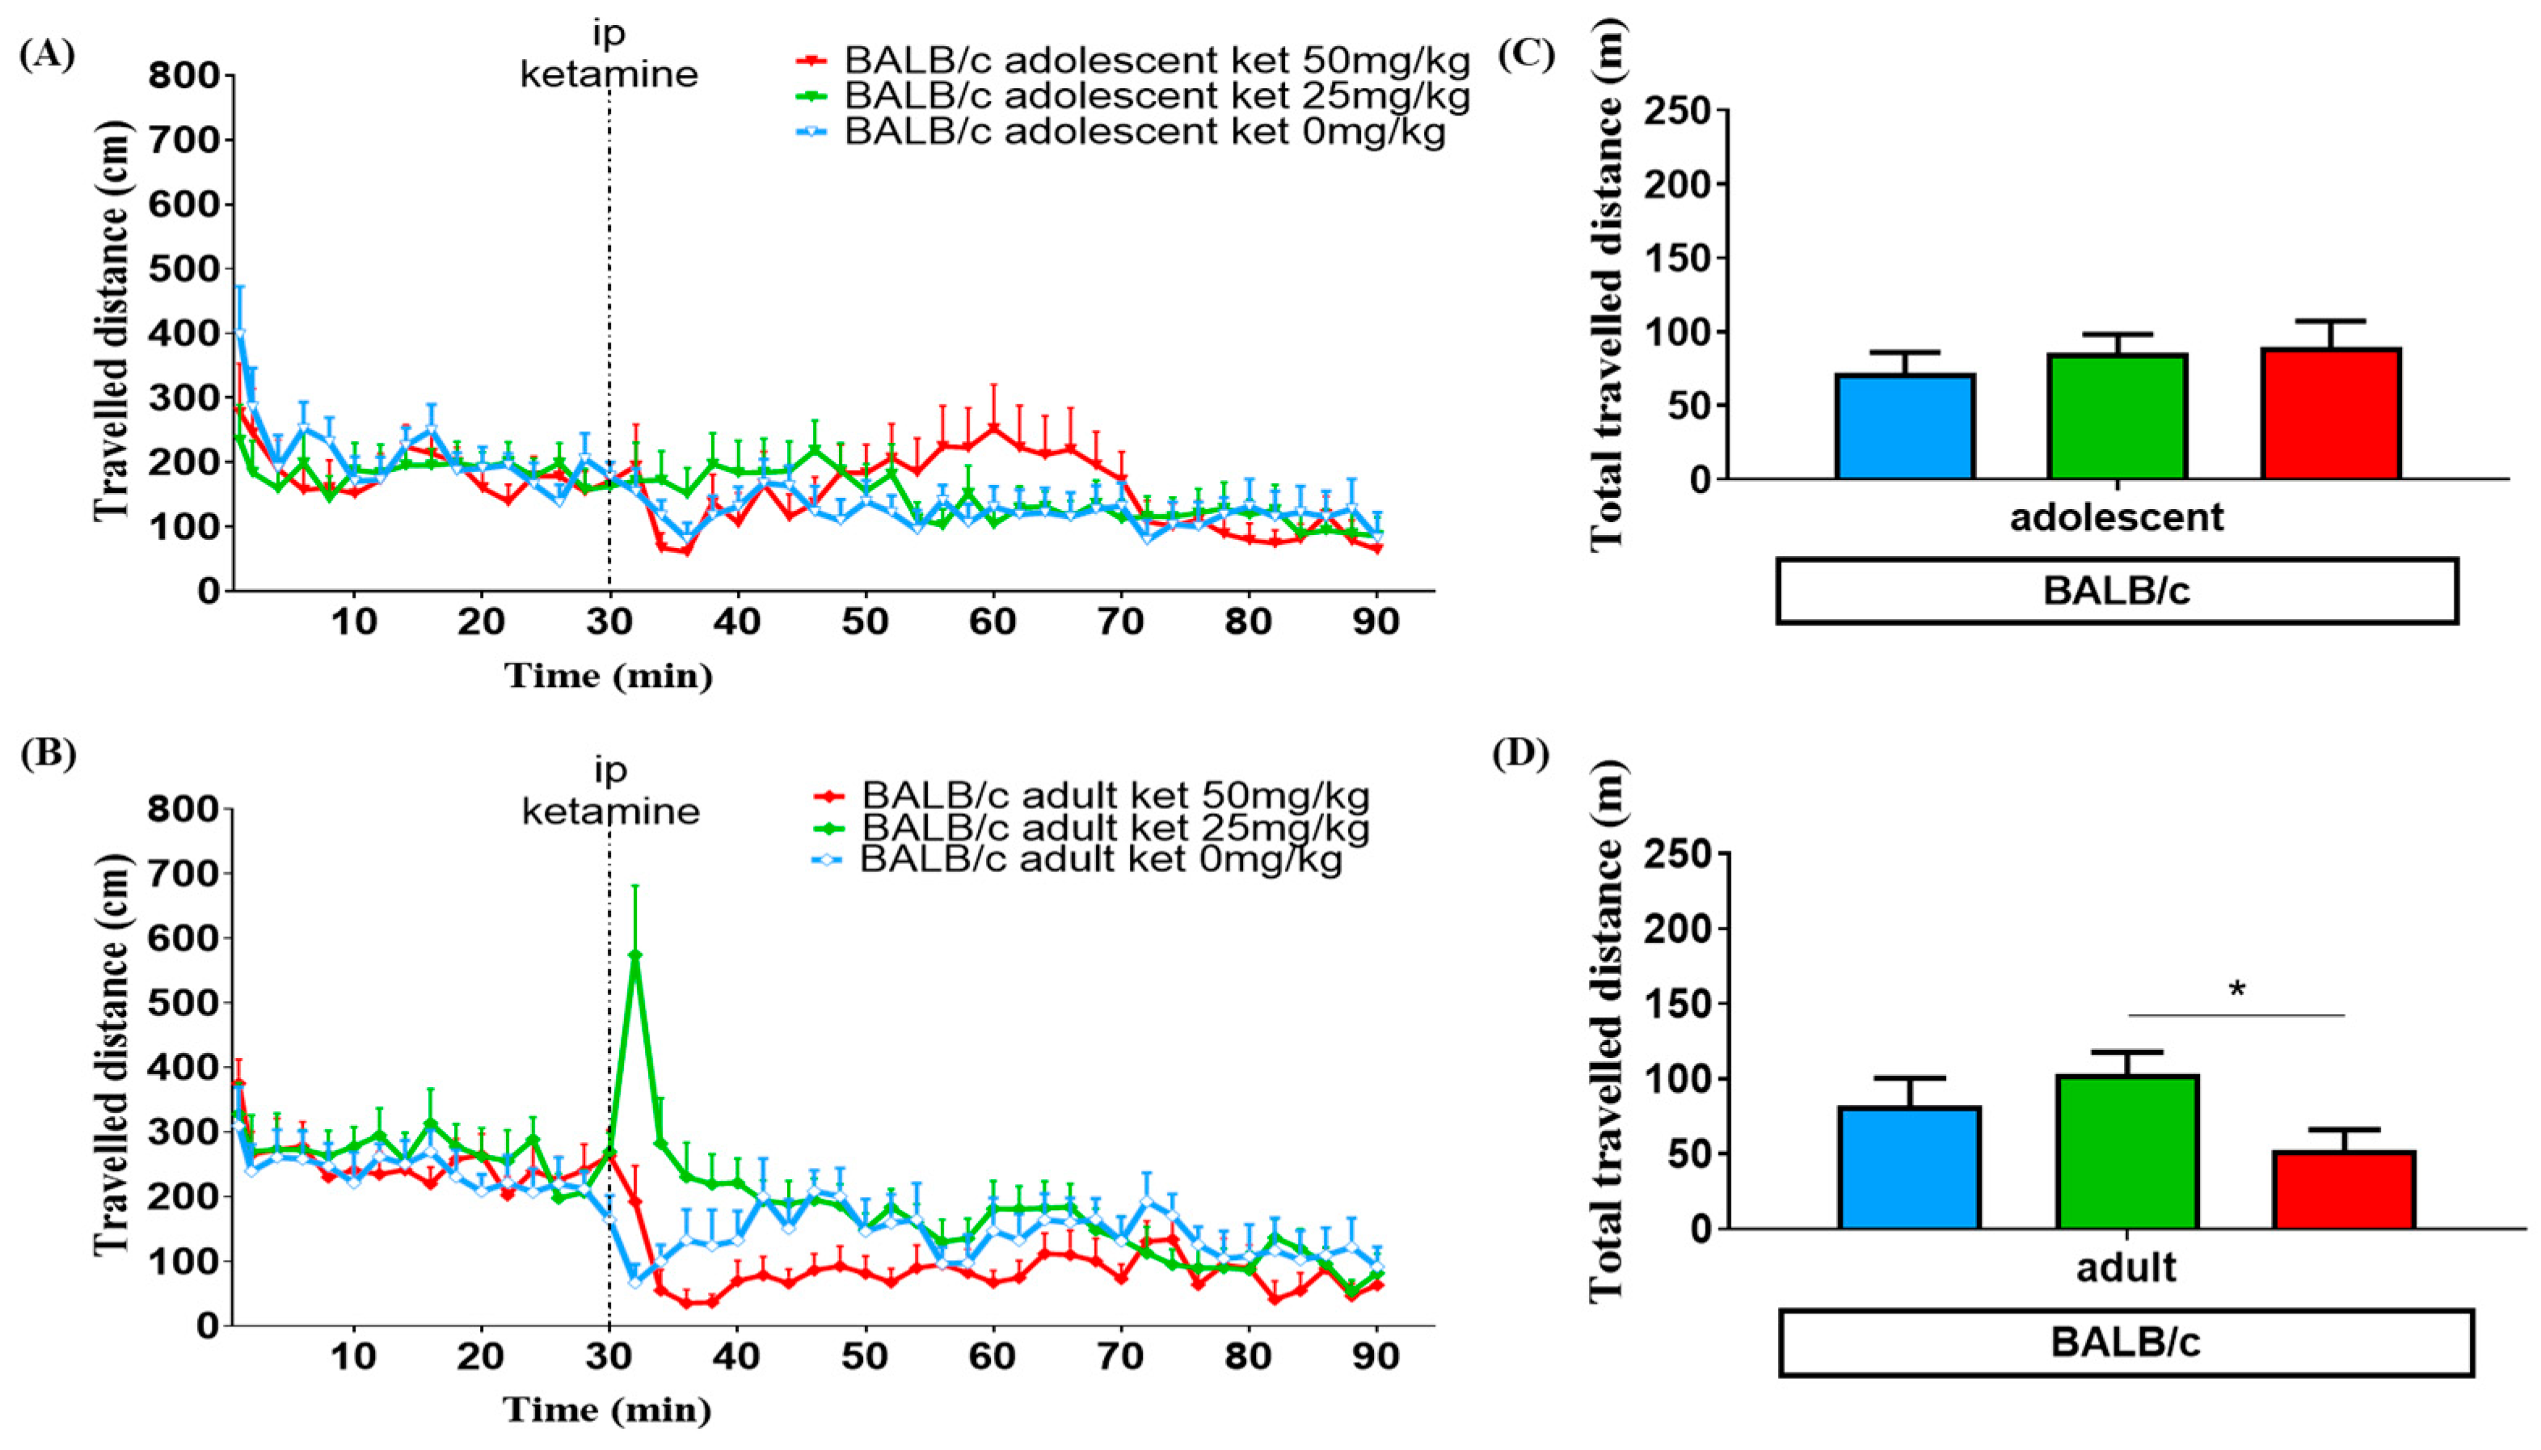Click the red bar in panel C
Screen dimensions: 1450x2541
2330,415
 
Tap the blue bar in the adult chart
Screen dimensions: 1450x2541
1910,1168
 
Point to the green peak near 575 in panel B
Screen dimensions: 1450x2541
635,954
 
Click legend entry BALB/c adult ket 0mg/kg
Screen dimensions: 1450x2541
1100,858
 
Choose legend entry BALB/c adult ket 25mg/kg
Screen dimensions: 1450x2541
1115,827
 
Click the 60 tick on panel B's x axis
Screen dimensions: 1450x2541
992,1355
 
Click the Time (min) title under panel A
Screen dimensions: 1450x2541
609,677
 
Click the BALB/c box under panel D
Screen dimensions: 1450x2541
2125,1343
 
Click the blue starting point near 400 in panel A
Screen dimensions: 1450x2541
239,334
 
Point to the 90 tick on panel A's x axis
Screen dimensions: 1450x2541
1376,622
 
